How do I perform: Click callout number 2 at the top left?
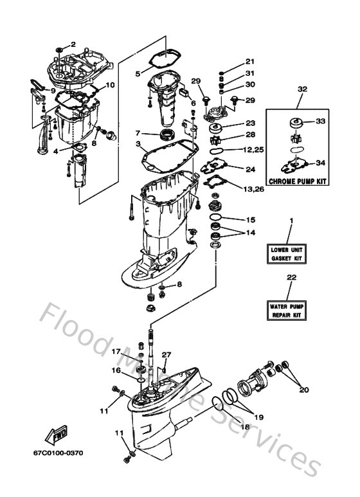73,44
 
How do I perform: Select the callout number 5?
137,74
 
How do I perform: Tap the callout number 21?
249,62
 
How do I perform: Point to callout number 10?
110,85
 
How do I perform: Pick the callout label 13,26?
255,188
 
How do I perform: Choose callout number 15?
251,220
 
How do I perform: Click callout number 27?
167,355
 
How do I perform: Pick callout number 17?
117,352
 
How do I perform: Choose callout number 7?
137,133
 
